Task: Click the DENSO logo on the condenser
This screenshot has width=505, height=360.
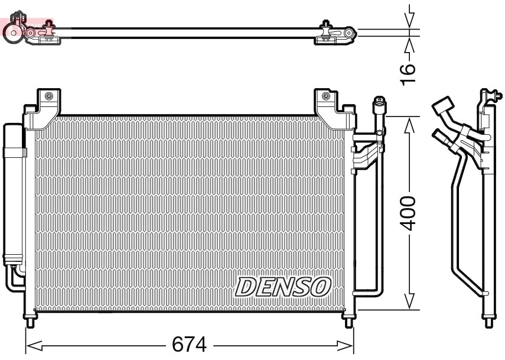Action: click(282, 287)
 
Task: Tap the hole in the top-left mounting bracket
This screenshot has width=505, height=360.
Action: click(48, 96)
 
